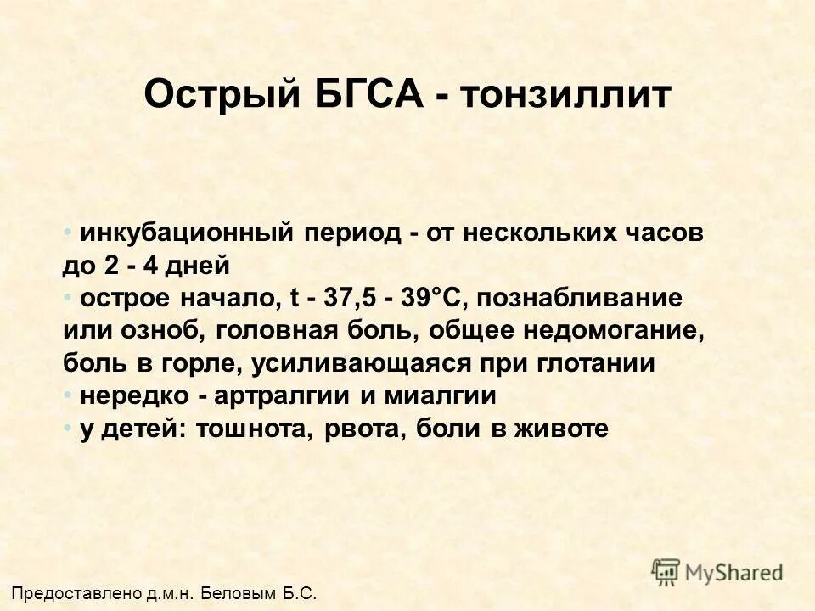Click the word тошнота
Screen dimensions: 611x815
256,429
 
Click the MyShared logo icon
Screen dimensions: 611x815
666,571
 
